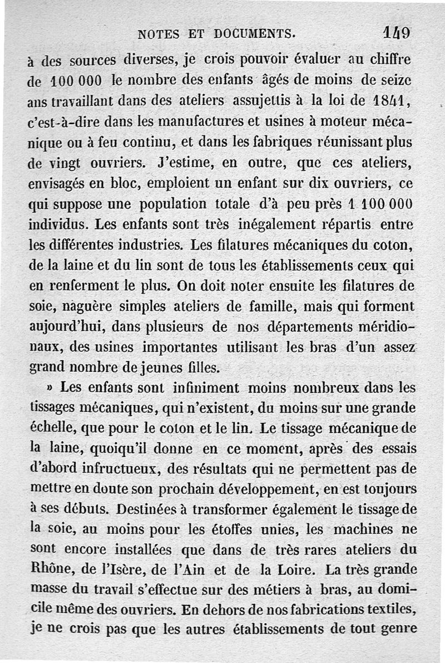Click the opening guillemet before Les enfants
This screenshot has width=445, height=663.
(x=51, y=387)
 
